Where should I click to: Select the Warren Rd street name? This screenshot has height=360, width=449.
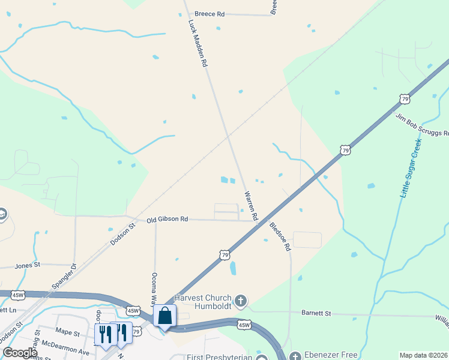tap(251, 206)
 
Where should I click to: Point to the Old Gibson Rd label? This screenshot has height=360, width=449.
tap(167, 220)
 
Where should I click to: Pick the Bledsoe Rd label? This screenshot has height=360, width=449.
tap(280, 236)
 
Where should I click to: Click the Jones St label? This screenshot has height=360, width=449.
tap(27, 264)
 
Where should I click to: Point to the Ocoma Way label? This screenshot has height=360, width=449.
tap(154, 289)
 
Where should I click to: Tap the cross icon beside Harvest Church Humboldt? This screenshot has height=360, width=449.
tap(241, 301)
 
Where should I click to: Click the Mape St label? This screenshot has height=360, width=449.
tap(67, 332)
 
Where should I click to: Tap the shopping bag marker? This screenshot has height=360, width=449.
tap(164, 316)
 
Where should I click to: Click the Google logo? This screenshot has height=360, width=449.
tap(20, 353)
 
